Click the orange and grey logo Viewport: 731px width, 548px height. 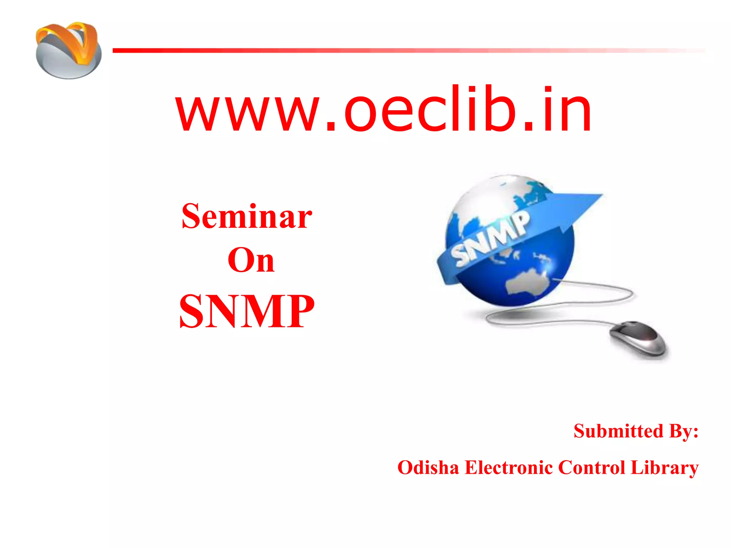click(69, 50)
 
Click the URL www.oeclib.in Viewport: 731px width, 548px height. click(384, 109)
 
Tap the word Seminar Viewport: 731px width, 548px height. click(247, 216)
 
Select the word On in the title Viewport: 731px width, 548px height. click(251, 260)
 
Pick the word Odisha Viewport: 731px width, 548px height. click(428, 468)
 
